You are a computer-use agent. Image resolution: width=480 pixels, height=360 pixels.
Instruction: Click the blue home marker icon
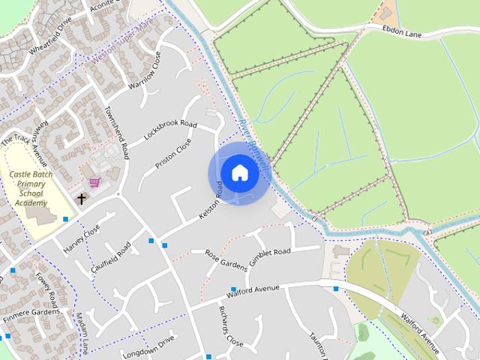239,172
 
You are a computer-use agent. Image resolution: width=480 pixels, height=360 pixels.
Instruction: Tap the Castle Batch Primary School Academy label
31,188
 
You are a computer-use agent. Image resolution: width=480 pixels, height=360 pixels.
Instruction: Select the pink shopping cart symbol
94,181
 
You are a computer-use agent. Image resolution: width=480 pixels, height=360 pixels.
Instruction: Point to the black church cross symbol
81,199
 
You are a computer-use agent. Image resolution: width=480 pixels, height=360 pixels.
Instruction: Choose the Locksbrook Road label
170,128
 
